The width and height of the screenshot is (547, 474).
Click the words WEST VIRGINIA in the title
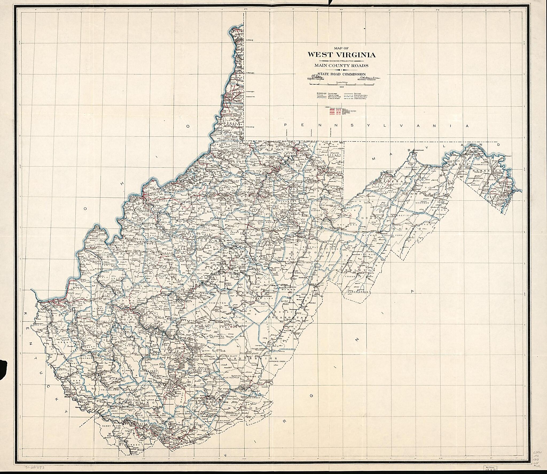click(x=342, y=55)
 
